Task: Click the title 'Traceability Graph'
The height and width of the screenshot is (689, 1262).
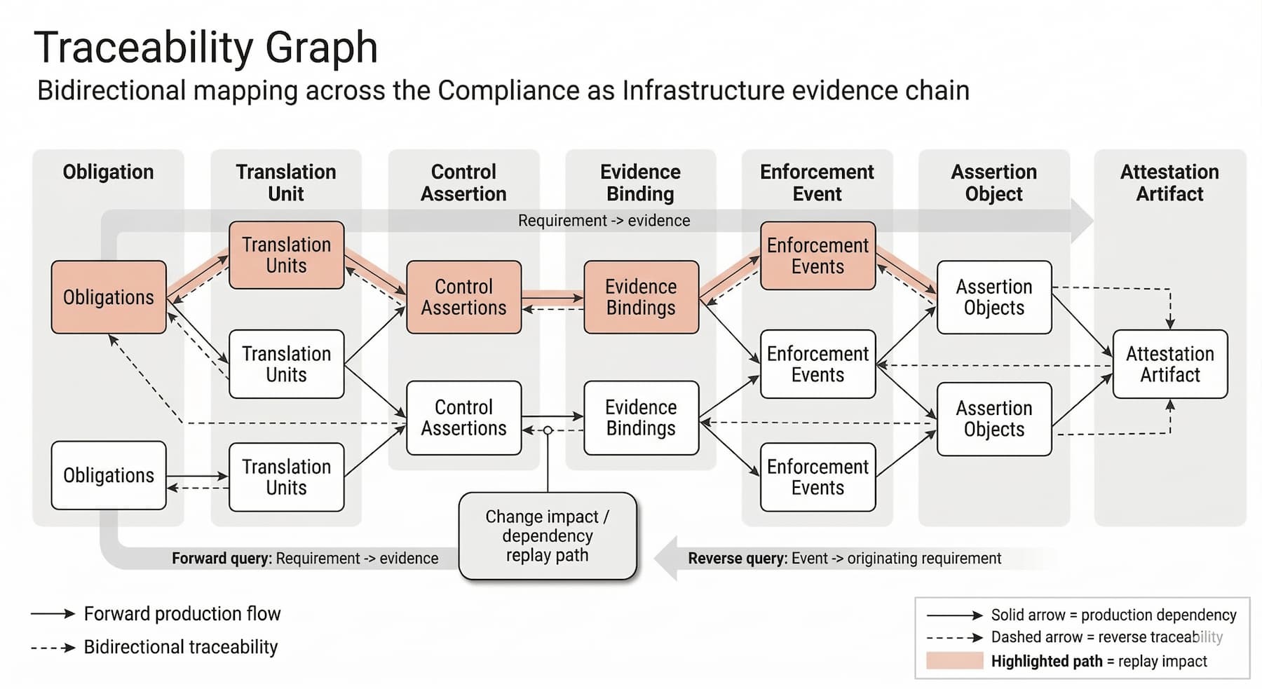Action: pyautogui.click(x=205, y=48)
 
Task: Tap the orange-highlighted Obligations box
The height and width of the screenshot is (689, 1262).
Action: pyautogui.click(x=109, y=297)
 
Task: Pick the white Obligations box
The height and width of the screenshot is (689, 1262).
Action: pyautogui.click(x=109, y=475)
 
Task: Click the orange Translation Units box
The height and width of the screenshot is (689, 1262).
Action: pyautogui.click(x=286, y=255)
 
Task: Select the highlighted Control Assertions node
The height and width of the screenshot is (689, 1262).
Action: pyautogui.click(x=463, y=297)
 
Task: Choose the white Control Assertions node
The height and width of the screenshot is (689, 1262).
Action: pyautogui.click(x=463, y=418)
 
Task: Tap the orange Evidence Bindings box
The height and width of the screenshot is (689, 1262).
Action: pyautogui.click(x=641, y=297)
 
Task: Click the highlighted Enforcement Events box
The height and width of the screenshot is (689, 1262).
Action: pyautogui.click(x=817, y=256)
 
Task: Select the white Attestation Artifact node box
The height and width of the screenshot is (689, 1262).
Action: pyautogui.click(x=1169, y=364)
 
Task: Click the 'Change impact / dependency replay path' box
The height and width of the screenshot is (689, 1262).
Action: pyautogui.click(x=548, y=536)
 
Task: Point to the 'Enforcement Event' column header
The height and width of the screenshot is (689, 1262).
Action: pyautogui.click(x=817, y=182)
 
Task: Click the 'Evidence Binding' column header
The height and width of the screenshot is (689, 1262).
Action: pyautogui.click(x=640, y=182)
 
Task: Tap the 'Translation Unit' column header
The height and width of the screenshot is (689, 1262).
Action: pyautogui.click(x=286, y=182)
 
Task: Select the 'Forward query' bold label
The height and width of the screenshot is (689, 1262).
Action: pyautogui.click(x=222, y=559)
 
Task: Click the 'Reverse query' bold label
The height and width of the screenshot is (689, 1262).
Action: pyautogui.click(x=737, y=559)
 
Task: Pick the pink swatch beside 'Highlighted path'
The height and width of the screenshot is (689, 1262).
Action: pyautogui.click(x=954, y=661)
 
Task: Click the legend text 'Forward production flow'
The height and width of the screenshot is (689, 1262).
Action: pyautogui.click(x=182, y=614)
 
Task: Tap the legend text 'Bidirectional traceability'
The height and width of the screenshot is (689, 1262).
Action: pyautogui.click(x=181, y=647)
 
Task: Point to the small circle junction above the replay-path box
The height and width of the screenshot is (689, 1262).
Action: pyautogui.click(x=548, y=430)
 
